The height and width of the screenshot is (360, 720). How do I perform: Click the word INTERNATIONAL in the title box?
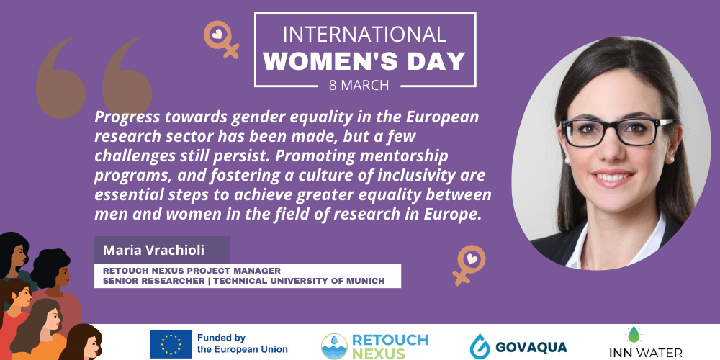(364, 35)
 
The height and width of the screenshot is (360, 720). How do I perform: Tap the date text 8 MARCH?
(359, 86)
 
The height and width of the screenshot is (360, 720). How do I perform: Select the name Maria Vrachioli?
(153, 251)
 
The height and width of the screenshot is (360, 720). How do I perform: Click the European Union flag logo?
(171, 344)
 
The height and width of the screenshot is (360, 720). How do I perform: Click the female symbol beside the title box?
(221, 39)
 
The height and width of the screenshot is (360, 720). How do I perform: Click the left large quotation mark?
(60, 78)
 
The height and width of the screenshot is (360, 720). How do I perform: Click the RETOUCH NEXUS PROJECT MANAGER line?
(192, 271)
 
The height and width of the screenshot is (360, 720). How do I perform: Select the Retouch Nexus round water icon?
(334, 346)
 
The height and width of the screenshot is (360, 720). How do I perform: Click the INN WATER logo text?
(646, 353)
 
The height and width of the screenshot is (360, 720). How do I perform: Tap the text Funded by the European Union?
(243, 343)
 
